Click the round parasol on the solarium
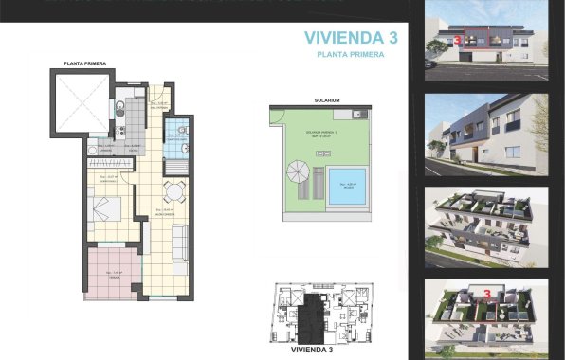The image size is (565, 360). pyautogui.click(x=296, y=172)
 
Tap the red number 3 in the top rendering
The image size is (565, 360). pyautogui.click(x=458, y=41)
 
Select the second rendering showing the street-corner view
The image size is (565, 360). pyautogui.click(x=486, y=135)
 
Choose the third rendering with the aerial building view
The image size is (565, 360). pyautogui.click(x=486, y=228)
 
